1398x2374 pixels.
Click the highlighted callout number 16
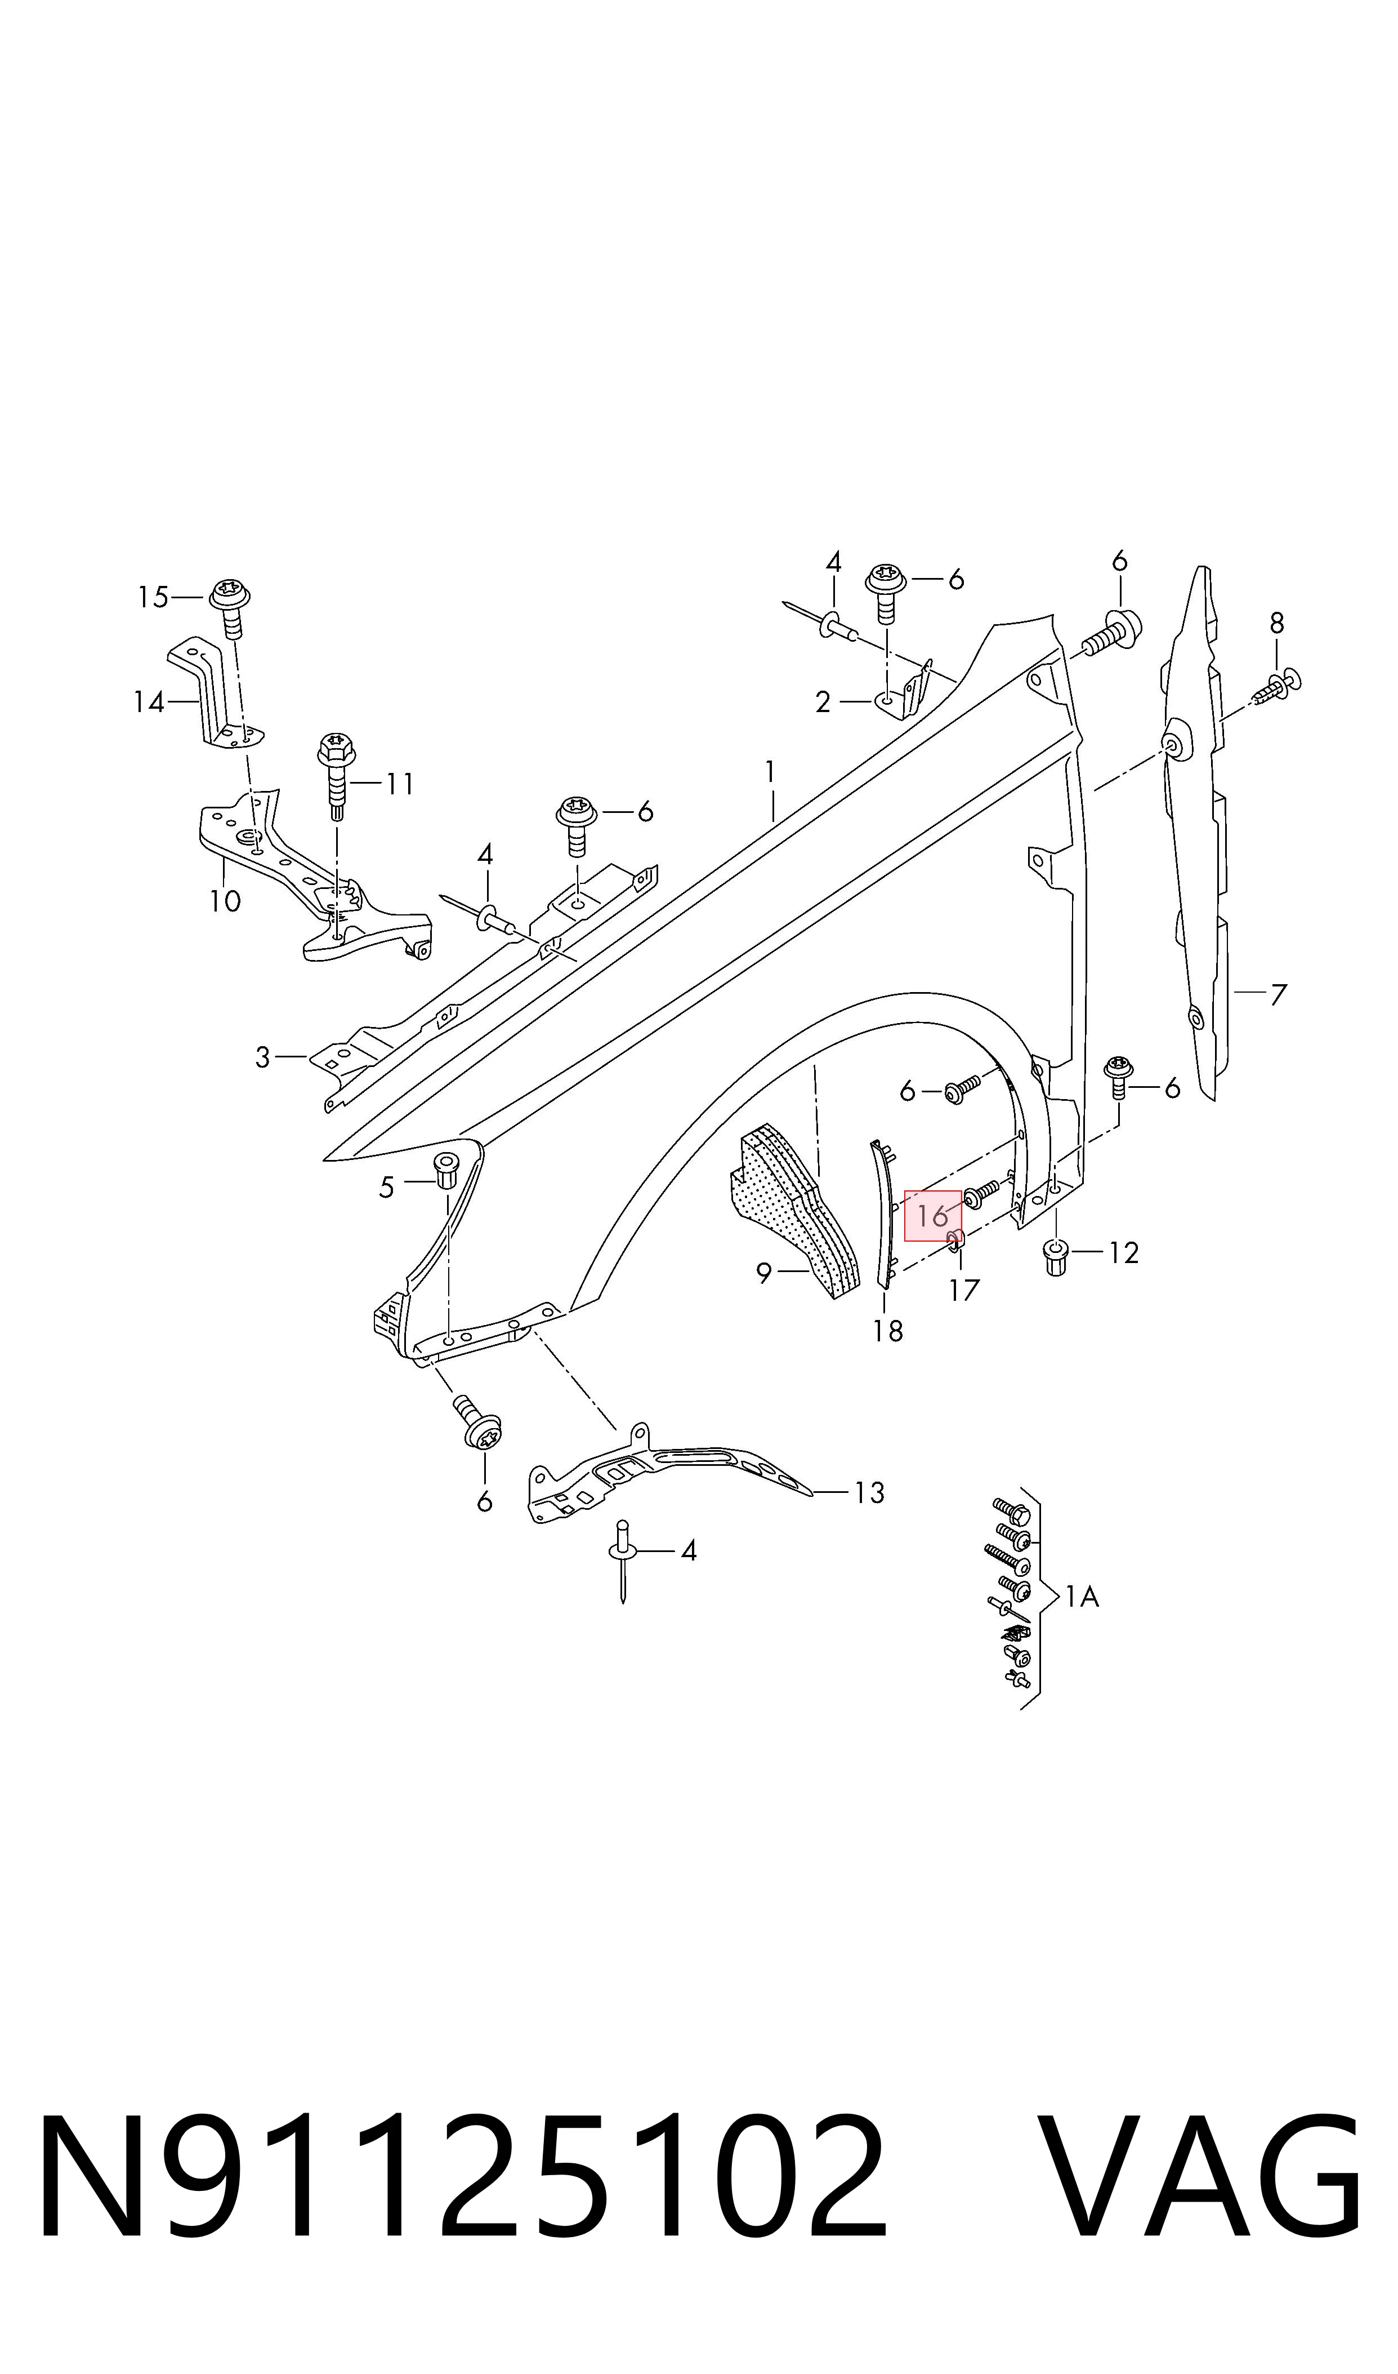point(932,1216)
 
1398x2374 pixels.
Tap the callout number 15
point(153,597)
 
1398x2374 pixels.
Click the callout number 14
point(149,702)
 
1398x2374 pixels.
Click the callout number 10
point(225,901)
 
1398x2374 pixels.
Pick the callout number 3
point(263,1057)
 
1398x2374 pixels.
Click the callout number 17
point(964,1290)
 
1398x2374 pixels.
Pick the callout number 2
point(823,702)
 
